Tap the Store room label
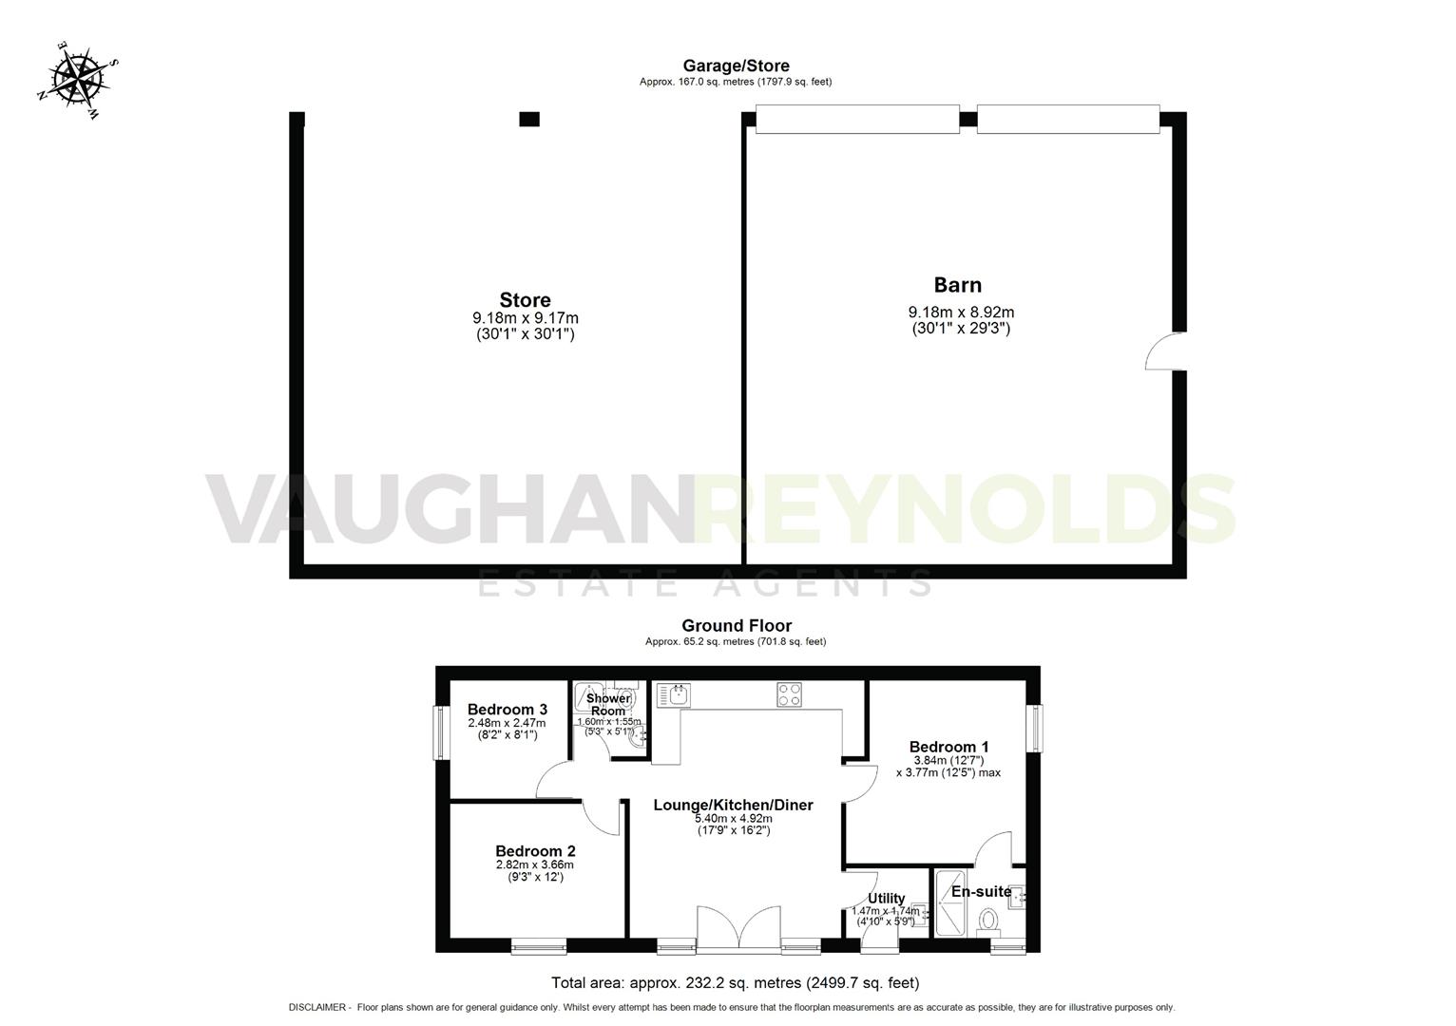pyautogui.click(x=525, y=301)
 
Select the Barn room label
pyautogui.click(x=957, y=285)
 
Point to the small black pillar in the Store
pyautogui.click(x=529, y=119)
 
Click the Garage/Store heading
pyautogui.click(x=736, y=66)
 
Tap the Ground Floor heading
pyautogui.click(x=736, y=625)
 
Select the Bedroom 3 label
pyautogui.click(x=507, y=709)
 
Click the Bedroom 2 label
pyautogui.click(x=534, y=851)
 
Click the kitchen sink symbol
pyautogui.click(x=678, y=694)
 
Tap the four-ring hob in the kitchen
pyautogui.click(x=789, y=694)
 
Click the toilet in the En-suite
pyautogui.click(x=988, y=921)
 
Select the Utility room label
pyautogui.click(x=886, y=898)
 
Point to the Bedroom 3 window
pyautogui.click(x=442, y=731)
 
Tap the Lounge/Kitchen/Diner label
pyautogui.click(x=733, y=805)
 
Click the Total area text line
pyautogui.click(x=735, y=982)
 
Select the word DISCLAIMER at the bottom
pyautogui.click(x=319, y=1007)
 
